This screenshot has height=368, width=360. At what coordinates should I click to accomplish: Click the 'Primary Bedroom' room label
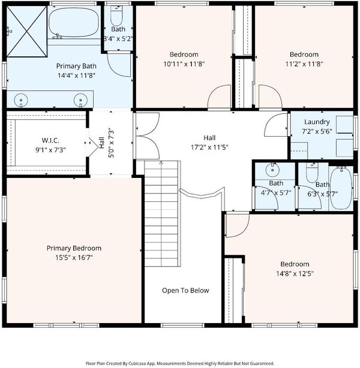coord(74,248)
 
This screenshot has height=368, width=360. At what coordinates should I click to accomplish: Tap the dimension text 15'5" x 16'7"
coord(74,258)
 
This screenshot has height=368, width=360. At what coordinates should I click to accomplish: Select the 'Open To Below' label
coord(185,291)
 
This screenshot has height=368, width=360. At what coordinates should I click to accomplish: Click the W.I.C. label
coord(50,140)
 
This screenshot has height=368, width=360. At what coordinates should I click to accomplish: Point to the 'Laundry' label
coord(317,122)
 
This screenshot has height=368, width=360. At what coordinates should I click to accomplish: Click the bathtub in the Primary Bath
coord(74,22)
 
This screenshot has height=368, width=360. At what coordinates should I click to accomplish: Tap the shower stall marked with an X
coord(26,31)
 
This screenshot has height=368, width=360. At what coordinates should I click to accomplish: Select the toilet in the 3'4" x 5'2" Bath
coord(116,16)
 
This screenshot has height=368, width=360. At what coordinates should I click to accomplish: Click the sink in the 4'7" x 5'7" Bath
coord(272,170)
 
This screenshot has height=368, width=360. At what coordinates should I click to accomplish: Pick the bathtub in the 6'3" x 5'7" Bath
coord(341,188)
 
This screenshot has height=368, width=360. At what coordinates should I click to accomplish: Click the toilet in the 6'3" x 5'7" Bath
coord(312,173)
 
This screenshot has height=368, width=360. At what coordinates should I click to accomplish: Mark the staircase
coord(161,213)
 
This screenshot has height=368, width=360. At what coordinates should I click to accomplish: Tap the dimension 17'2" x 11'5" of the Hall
coord(209,147)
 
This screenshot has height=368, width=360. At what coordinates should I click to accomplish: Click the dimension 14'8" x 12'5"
coord(295,274)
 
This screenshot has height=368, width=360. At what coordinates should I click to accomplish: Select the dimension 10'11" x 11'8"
coord(184,64)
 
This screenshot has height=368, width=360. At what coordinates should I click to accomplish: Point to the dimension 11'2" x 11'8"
coord(304,64)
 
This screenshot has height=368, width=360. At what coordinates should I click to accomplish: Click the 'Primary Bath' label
coord(76,66)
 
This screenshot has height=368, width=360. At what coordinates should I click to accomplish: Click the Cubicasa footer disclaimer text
coord(180,363)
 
